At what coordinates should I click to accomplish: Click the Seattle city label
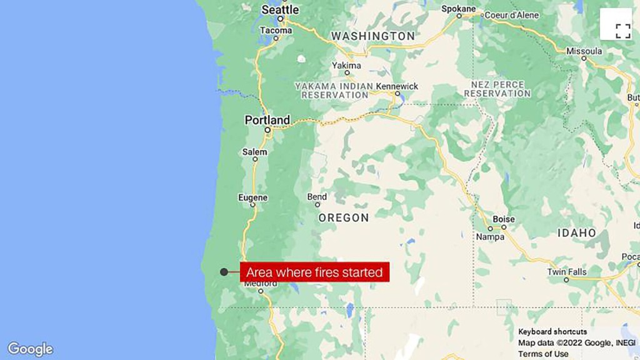tap(280, 10)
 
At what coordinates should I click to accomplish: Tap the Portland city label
tap(267, 119)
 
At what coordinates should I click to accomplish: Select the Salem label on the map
tap(254, 152)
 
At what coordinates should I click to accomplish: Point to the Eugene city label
tap(253, 197)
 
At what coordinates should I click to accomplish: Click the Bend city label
tap(317, 197)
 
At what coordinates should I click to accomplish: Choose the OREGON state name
tap(344, 217)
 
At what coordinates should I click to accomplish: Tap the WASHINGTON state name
tap(373, 36)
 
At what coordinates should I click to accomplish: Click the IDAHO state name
tap(577, 232)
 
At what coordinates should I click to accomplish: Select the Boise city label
tap(504, 219)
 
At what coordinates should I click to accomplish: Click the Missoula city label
tap(584, 51)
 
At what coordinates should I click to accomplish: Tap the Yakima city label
tap(346, 65)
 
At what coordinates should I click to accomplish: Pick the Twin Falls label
tap(567, 271)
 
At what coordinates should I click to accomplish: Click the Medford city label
tap(260, 283)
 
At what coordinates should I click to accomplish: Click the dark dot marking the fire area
tap(224, 272)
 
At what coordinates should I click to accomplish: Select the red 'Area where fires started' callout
tap(314, 272)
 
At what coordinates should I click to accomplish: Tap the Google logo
tap(30, 349)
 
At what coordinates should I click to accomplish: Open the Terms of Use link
tap(543, 353)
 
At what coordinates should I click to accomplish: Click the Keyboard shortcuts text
tap(552, 331)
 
